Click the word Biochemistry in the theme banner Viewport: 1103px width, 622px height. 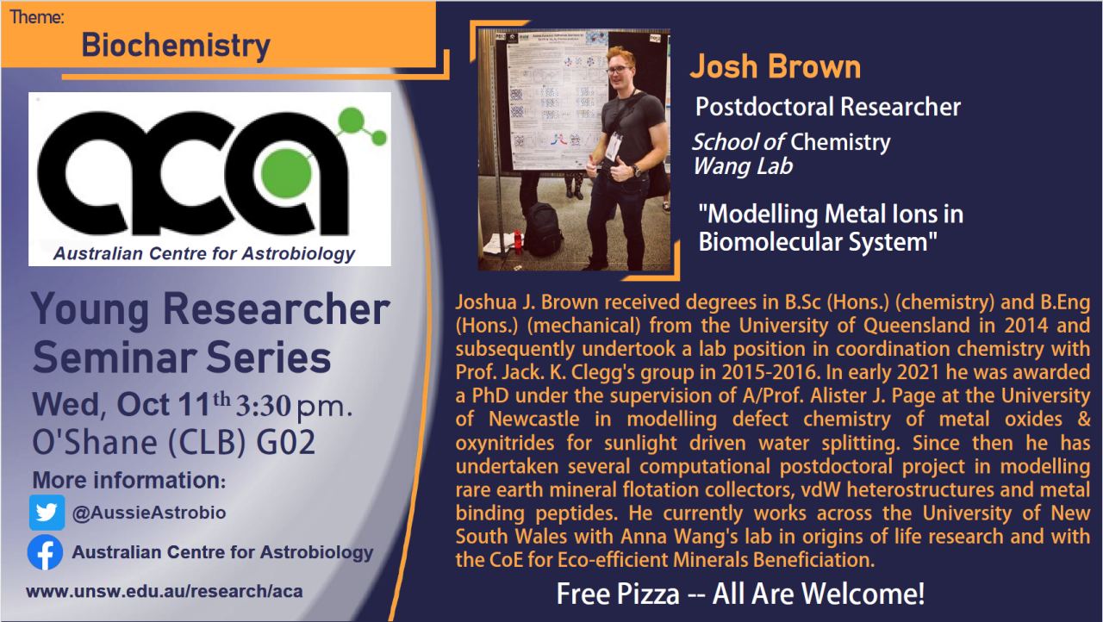(176, 45)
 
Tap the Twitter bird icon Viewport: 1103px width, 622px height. (47, 513)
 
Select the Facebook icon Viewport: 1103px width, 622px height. (45, 552)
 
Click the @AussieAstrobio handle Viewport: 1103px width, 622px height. (149, 513)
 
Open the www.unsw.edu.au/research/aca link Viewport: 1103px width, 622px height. (164, 592)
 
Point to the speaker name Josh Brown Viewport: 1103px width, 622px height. (776, 67)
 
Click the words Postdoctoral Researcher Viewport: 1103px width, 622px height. (827, 107)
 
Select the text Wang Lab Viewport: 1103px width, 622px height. (743, 166)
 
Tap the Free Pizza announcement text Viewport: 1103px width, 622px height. (740, 594)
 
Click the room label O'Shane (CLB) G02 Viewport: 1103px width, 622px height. (173, 442)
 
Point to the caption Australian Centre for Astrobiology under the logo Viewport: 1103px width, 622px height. (204, 253)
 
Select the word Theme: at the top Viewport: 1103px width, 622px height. (37, 16)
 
